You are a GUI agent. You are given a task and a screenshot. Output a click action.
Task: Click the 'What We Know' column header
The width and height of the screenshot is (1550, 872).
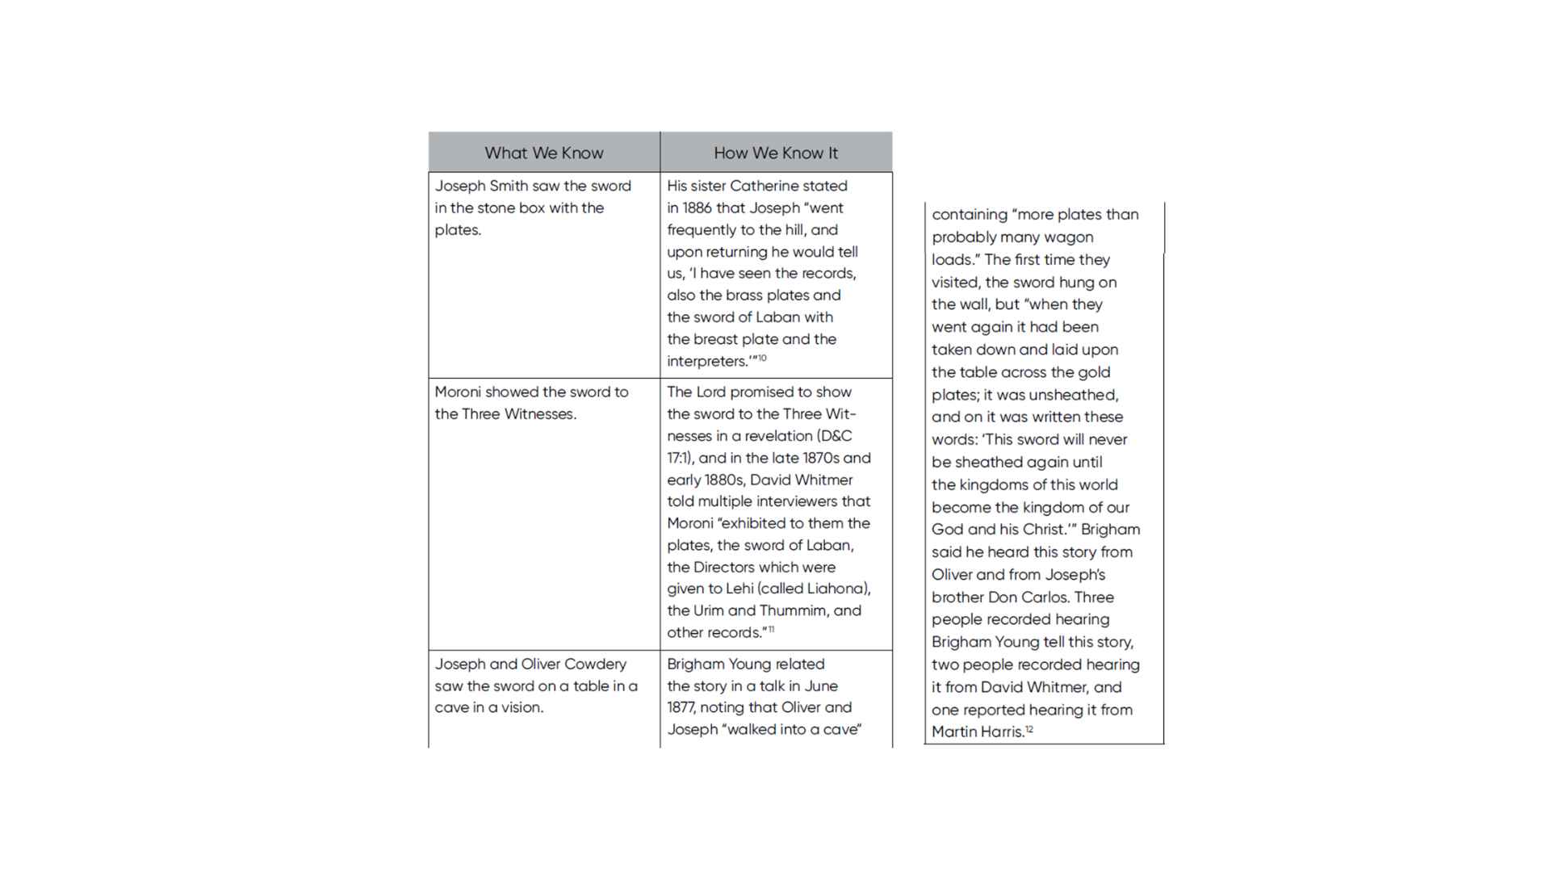(543, 153)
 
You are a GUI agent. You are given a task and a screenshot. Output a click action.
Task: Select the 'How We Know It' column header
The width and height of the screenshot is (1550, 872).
(775, 153)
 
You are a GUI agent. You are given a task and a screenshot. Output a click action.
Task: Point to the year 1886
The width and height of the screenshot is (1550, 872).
(697, 208)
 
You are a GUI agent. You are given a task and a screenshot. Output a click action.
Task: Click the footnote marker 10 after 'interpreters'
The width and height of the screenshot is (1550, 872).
(761, 358)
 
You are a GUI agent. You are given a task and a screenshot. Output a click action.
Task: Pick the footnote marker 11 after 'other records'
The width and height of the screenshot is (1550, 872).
(771, 629)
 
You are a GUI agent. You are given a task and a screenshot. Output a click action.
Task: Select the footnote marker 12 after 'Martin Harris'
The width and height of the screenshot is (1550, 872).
(1029, 729)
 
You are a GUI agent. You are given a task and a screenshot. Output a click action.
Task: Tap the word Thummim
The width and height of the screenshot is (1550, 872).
(793, 610)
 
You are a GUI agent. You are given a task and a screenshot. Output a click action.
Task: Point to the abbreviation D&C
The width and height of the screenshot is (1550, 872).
(836, 436)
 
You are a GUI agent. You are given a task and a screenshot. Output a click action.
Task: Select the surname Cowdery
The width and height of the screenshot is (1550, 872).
(595, 664)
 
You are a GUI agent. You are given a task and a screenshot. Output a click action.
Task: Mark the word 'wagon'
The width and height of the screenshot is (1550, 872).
(1070, 237)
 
